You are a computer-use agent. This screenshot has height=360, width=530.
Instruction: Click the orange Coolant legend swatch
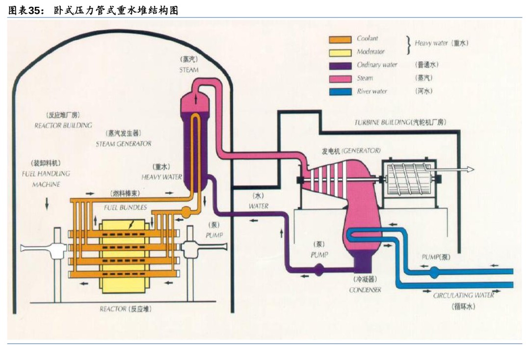pos(340,39)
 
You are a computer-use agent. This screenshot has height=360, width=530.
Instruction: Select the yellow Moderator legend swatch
pos(340,52)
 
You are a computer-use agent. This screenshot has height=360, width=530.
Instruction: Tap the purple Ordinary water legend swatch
pos(340,65)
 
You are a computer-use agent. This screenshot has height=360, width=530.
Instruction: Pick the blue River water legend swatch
pos(340,92)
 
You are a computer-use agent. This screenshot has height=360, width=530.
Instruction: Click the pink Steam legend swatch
pos(340,78)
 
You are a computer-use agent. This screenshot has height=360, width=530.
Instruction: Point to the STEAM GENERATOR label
pos(123,144)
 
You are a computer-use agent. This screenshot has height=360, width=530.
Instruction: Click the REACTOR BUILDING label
pos(63,126)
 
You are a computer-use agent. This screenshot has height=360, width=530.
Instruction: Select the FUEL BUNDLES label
pos(125,207)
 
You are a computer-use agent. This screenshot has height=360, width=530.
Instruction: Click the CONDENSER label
pos(365,290)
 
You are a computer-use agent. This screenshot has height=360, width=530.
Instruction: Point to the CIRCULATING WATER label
pos(463,295)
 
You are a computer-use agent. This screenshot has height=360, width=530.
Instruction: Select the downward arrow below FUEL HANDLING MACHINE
pos(47,203)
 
